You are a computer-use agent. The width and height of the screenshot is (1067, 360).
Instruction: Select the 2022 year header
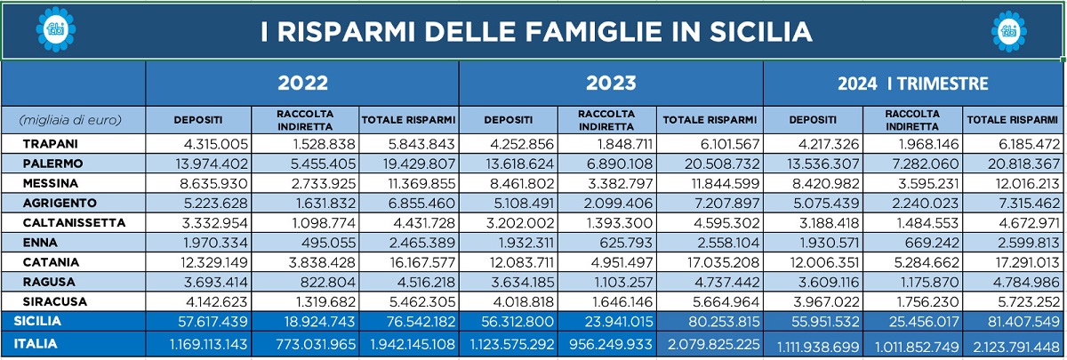coord(303,84)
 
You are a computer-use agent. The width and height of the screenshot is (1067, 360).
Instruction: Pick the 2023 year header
coord(611,84)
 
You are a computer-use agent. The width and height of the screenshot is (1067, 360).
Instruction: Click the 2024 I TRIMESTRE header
coord(913,84)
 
